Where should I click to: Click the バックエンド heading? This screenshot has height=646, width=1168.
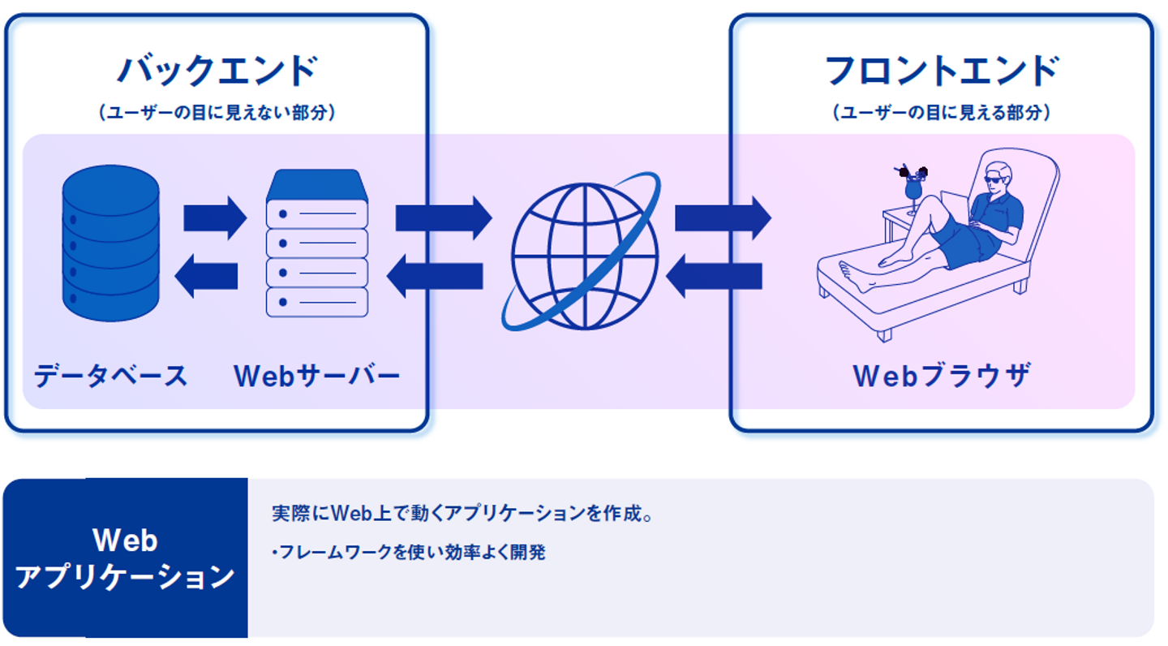[217, 71]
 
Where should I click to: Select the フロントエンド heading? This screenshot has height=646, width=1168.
[941, 71]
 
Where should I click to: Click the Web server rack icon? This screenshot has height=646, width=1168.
[317, 243]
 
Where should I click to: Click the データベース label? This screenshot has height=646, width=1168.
[110, 376]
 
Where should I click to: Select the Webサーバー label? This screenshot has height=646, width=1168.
[317, 376]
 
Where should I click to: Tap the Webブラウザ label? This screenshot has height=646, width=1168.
[942, 376]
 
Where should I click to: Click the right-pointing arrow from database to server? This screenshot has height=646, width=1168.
[214, 217]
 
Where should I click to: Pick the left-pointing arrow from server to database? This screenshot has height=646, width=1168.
[207, 277]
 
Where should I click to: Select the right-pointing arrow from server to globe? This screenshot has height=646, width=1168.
[443, 217]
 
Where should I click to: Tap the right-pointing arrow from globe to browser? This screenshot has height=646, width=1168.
[722, 217]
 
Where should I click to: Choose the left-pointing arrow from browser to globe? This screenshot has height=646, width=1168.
[714, 277]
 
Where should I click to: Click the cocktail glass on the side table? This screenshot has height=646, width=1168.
[913, 188]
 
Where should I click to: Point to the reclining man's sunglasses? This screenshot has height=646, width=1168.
[995, 179]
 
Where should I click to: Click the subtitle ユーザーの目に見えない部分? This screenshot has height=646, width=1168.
[217, 113]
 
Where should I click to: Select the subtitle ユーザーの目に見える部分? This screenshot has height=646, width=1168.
[941, 113]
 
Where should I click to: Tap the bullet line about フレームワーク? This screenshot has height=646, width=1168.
[410, 553]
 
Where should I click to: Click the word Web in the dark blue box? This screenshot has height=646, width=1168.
[125, 540]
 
